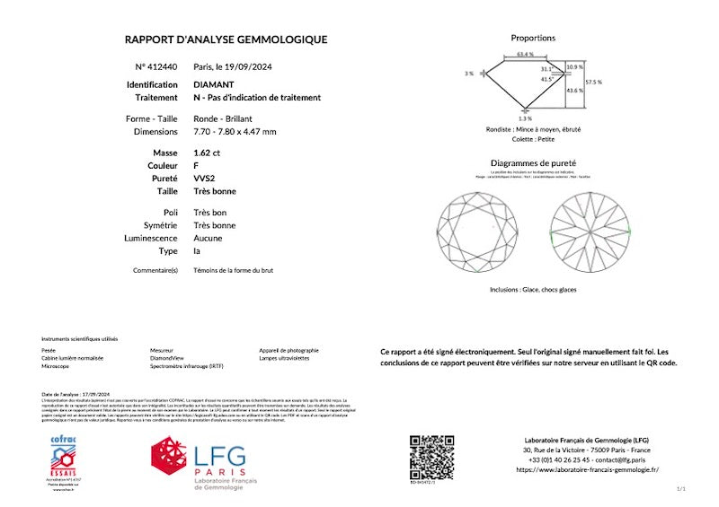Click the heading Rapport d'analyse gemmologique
(x=226, y=39)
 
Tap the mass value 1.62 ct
(x=207, y=153)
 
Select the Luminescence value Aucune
(x=209, y=238)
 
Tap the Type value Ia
(x=197, y=251)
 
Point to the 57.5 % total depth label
(x=593, y=82)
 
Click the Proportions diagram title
(x=533, y=39)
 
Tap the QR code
(x=431, y=457)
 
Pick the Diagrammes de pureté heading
(x=533, y=163)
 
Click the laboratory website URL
(x=587, y=469)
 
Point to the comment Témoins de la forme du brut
(x=233, y=270)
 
